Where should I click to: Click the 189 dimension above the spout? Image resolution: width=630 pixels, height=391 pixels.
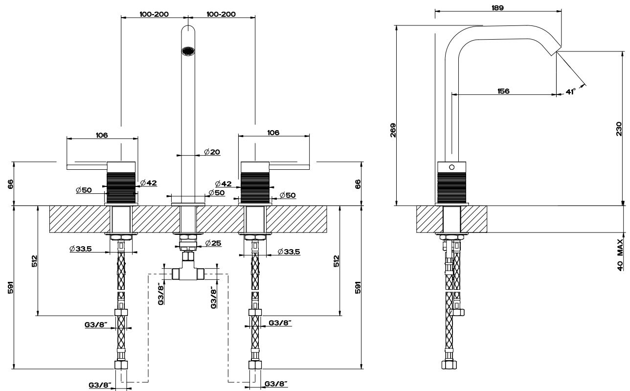(497, 8)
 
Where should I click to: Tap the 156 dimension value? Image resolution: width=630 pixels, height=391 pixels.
(503, 91)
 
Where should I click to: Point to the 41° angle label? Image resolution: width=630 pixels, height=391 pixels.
(571, 92)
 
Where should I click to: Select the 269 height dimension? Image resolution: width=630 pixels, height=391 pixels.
(393, 130)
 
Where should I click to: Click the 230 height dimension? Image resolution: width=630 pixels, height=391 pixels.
(619, 129)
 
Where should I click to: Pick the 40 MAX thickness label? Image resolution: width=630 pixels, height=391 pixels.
(620, 255)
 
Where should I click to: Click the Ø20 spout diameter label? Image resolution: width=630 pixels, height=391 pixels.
(212, 152)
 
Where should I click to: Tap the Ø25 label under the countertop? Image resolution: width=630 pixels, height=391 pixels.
(213, 243)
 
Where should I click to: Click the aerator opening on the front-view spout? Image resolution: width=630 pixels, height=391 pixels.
(187, 51)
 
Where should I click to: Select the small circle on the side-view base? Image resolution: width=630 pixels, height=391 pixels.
(451, 167)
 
